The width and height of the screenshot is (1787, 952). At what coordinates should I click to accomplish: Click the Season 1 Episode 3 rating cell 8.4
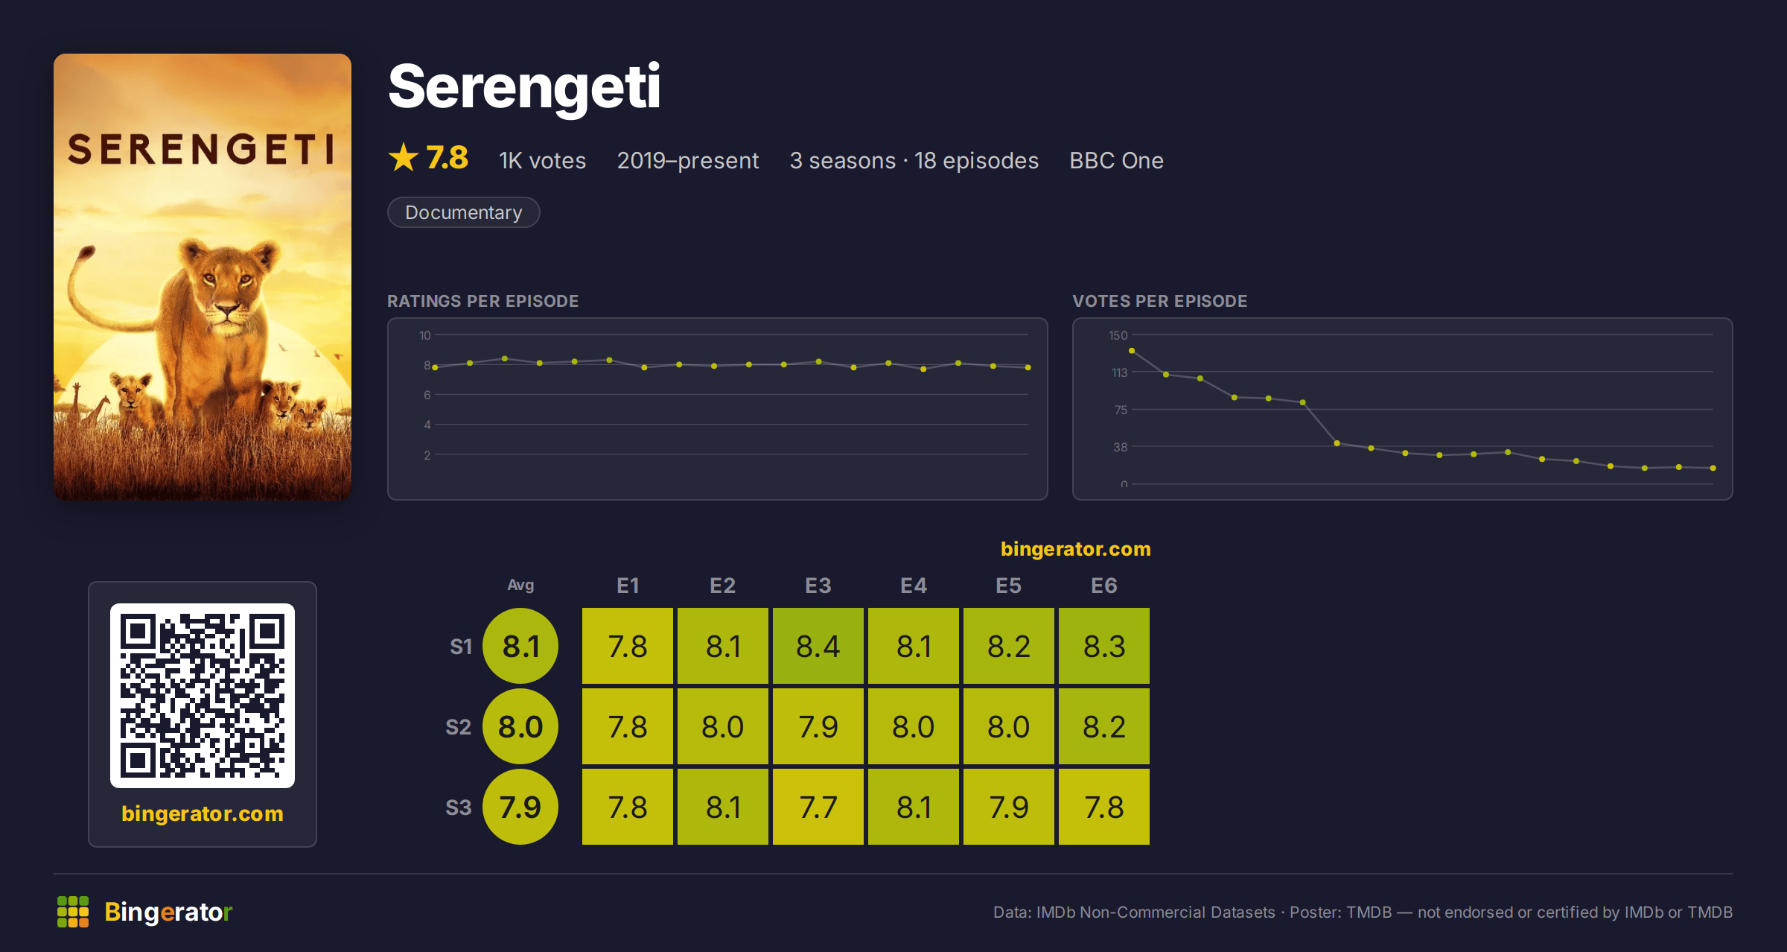click(818, 646)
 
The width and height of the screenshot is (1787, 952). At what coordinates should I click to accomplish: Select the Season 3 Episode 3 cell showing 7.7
click(818, 807)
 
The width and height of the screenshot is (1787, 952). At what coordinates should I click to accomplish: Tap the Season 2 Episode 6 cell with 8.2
click(1103, 726)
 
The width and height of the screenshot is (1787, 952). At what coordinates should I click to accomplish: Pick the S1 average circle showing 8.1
click(520, 646)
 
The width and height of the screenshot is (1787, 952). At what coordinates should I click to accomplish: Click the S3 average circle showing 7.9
click(520, 807)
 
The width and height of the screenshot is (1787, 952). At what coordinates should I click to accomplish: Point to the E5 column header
click(1008, 586)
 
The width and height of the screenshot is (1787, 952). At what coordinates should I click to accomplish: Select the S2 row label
click(458, 727)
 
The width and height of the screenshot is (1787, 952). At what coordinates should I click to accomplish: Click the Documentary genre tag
click(463, 212)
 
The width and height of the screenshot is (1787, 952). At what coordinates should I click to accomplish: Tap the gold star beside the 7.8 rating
click(404, 157)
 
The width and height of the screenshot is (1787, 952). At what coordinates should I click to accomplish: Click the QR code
click(203, 696)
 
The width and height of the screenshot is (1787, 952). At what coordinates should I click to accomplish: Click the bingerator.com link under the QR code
click(203, 813)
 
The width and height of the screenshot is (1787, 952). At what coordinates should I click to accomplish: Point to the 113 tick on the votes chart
click(1119, 372)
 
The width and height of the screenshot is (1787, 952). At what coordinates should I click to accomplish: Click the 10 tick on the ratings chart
click(424, 335)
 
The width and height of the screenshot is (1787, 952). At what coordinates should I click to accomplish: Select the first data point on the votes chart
click(1132, 350)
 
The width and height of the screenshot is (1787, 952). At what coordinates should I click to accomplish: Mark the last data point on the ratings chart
click(1028, 367)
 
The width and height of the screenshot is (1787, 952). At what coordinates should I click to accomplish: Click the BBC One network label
click(1116, 160)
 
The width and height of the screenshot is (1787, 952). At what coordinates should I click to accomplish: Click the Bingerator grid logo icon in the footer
click(73, 912)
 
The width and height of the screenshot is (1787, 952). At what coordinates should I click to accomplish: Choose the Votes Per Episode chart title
click(1159, 301)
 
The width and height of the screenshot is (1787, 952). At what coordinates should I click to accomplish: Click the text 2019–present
click(687, 160)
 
